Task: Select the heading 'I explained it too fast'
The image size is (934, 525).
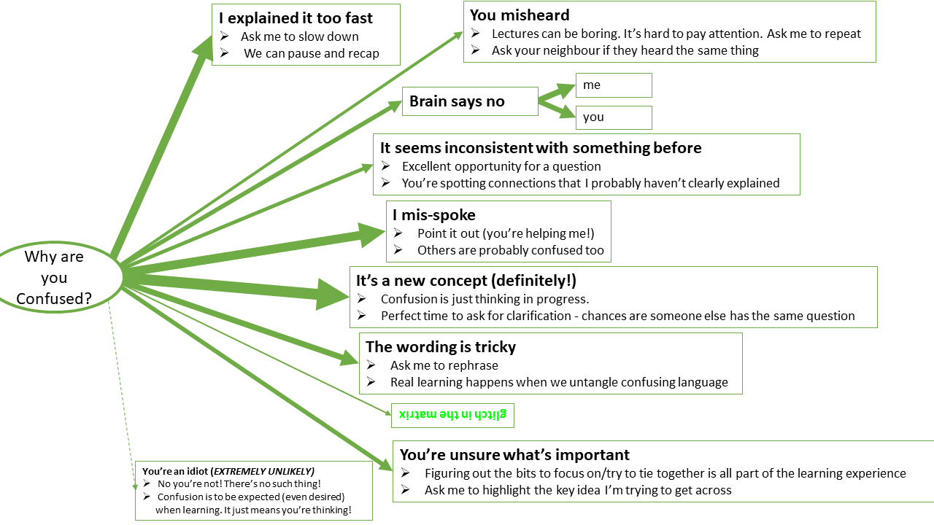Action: [296, 18]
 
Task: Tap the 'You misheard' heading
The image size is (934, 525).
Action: [520, 15]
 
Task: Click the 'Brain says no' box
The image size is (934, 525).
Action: [457, 101]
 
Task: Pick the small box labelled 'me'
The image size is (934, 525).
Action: [613, 85]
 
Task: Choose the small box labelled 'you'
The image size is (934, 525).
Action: [613, 117]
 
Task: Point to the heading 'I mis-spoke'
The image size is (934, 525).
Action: [434, 215]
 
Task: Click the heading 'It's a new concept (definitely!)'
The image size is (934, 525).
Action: [466, 281]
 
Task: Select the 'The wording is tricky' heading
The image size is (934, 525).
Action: [441, 347]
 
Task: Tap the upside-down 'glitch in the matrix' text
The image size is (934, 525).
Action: [453, 415]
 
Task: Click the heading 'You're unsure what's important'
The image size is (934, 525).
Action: [514, 456]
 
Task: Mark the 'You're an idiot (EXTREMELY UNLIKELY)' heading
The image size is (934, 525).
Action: [228, 471]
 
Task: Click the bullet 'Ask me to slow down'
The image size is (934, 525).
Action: [299, 36]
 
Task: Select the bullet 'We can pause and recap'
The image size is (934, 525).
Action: [312, 53]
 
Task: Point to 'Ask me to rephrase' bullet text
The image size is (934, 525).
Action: [444, 365]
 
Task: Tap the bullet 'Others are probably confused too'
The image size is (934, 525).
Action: [511, 250]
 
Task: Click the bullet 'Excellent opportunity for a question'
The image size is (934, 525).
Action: [501, 166]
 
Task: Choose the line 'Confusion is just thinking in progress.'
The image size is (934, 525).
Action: [485, 299]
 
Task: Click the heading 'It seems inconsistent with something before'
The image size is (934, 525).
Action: [541, 148]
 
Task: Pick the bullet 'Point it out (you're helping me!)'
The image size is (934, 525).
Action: [506, 233]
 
